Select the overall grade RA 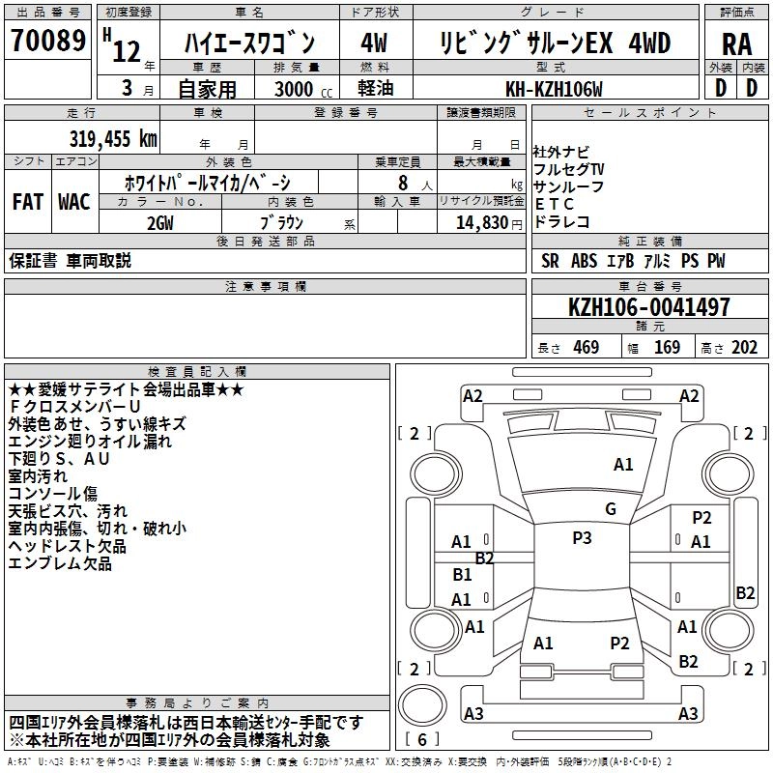(736, 44)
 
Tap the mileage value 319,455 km (113, 138)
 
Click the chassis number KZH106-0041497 (649, 307)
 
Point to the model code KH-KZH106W (554, 89)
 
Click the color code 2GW (159, 222)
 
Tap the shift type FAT (28, 201)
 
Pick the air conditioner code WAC (73, 201)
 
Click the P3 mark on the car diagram (582, 538)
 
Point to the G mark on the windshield (611, 509)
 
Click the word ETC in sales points (555, 204)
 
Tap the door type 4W (374, 43)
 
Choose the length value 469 (586, 348)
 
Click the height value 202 (745, 348)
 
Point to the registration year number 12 (127, 51)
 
